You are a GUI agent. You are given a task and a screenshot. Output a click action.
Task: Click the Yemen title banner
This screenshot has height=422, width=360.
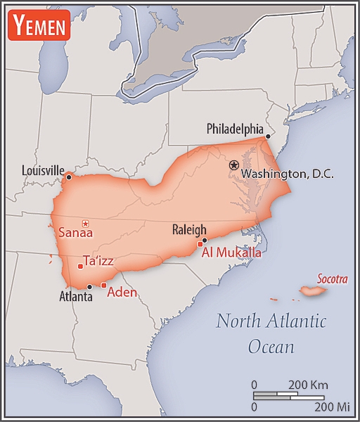coord(39,26)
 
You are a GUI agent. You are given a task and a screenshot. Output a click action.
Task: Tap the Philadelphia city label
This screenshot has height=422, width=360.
coord(234,129)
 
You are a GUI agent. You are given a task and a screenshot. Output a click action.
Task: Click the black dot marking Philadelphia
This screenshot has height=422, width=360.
coord(268,136)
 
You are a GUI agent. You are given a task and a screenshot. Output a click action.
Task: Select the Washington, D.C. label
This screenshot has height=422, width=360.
coord(287,174)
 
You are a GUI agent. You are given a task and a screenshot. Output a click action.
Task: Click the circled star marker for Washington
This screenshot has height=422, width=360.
coord(233,165)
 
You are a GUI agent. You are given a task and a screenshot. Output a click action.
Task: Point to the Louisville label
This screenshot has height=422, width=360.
coord(43,170)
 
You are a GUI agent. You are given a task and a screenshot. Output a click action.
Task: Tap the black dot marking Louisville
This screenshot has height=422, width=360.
coord(68,177)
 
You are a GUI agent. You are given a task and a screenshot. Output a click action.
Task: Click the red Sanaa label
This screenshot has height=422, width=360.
coord(75,232)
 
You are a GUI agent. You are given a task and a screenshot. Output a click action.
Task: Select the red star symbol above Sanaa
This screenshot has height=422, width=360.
coord(86,223)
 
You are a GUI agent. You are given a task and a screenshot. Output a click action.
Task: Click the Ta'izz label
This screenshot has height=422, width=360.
coord(98,261)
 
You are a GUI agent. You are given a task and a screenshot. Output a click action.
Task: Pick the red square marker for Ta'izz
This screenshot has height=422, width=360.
coord(79,266)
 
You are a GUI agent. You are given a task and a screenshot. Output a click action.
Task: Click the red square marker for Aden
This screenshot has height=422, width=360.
coord(103,285)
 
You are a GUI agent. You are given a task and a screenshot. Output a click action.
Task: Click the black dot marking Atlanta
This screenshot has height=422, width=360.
coord(90,286)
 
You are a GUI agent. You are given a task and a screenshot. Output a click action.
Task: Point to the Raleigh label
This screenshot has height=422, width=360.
coord(189,229)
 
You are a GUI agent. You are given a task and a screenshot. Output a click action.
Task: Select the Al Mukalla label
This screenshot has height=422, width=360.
coord(231,252)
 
